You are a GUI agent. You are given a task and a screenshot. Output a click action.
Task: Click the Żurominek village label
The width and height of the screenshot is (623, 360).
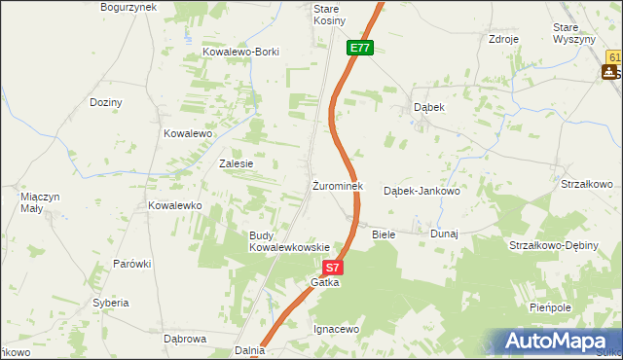point(337,186)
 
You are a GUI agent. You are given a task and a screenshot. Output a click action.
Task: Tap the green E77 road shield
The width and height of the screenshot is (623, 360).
point(360,47)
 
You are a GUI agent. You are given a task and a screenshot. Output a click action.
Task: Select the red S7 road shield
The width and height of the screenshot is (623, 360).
point(333,267)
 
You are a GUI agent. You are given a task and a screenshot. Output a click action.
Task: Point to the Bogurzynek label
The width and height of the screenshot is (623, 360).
point(128,7)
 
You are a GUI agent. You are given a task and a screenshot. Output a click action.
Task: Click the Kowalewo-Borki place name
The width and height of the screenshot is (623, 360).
point(240,52)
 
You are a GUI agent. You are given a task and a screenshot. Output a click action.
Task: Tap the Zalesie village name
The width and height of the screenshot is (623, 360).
point(237,163)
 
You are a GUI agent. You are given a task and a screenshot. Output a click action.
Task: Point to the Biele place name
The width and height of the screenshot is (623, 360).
point(384,234)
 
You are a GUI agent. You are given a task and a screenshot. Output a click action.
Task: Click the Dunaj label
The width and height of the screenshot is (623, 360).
point(444,234)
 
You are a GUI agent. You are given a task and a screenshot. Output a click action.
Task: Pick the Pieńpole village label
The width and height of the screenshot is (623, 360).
point(575,306)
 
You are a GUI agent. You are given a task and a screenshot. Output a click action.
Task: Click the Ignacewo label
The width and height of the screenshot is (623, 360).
point(337,330)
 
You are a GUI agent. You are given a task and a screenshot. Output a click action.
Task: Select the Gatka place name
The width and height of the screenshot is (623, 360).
point(324,282)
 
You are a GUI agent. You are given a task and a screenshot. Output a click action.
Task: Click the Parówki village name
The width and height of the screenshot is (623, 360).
point(131,264)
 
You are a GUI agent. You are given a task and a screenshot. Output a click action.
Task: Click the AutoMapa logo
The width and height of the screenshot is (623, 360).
point(559,341)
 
